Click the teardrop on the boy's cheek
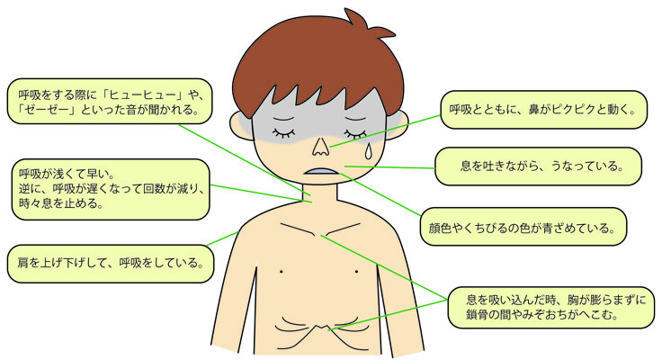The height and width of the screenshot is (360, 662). (x=369, y=151)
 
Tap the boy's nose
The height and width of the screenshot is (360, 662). (x=320, y=147)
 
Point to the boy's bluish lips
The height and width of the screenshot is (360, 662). (x=323, y=172)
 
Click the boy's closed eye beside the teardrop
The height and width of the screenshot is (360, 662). (x=355, y=133)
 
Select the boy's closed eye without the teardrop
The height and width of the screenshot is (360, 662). (x=284, y=132)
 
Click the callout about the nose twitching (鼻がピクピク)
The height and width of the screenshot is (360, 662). (x=544, y=110)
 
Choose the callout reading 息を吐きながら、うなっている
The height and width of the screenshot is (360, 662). (x=538, y=166)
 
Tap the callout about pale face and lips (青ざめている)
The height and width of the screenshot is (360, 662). (x=523, y=227)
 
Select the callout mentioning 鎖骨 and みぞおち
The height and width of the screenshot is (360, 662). (x=551, y=307)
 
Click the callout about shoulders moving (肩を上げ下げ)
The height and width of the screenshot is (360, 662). (x=111, y=264)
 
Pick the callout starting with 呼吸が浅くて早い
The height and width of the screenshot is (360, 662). (x=111, y=189)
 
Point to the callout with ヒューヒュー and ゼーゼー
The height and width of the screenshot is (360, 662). (x=110, y=102)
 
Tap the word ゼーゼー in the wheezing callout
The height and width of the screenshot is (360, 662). (x=47, y=111)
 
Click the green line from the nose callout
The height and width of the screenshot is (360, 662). (x=385, y=131)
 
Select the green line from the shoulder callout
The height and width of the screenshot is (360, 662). (x=222, y=238)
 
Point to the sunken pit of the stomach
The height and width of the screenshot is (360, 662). (x=322, y=328)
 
